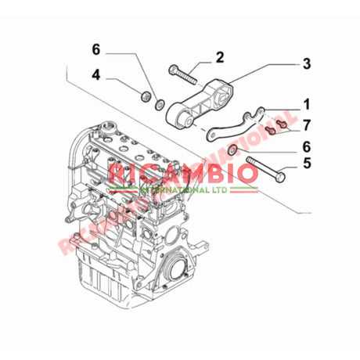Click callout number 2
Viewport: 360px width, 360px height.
click(220, 56)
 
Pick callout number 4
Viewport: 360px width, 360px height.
click(95, 76)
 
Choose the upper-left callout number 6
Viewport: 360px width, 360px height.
click(95, 50)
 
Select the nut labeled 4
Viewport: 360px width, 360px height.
click(144, 98)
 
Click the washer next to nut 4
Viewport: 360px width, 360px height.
click(160, 105)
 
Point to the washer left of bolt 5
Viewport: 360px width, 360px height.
click(233, 150)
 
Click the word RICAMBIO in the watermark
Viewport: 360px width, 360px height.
click(183, 173)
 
